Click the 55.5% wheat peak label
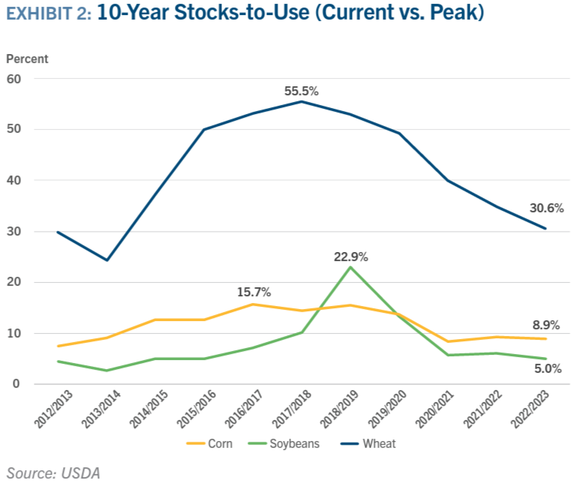coord(302,91)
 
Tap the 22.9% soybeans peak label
coord(350,256)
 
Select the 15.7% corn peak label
coord(254,292)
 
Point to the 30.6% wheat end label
coord(546,208)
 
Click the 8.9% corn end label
coord(546,325)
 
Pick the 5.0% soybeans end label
coord(548,369)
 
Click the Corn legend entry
coord(210,444)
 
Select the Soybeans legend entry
coord(284,444)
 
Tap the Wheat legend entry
coord(368,444)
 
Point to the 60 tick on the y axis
coord(14,79)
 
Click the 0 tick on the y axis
coord(17,384)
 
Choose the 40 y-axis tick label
coord(14,180)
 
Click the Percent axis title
coord(27,58)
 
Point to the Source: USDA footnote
coord(53,473)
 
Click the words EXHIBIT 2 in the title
coord(49,13)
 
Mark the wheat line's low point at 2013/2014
coord(107,260)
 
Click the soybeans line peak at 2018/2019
coord(350,267)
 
